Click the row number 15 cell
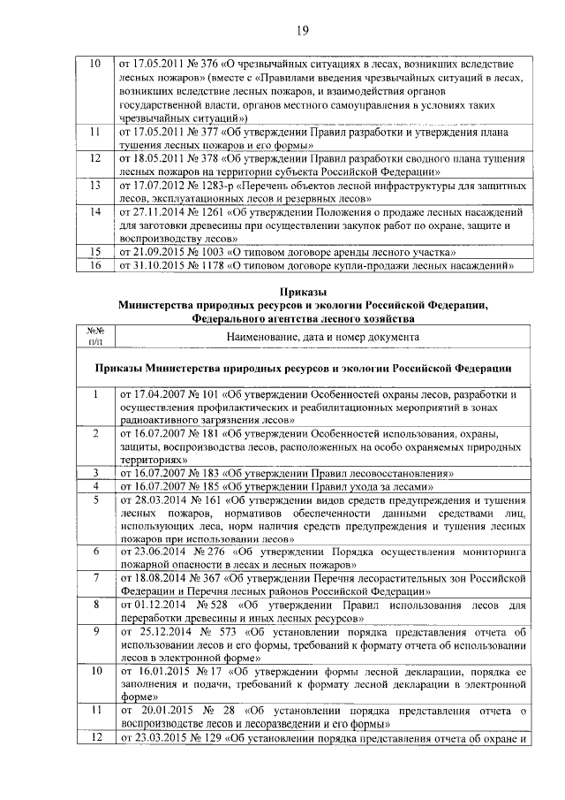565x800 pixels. [95, 252]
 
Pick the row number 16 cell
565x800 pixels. [95, 265]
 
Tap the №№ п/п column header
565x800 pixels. [95, 333]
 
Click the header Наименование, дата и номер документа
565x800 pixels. [321, 336]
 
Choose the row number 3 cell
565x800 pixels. [95, 474]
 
